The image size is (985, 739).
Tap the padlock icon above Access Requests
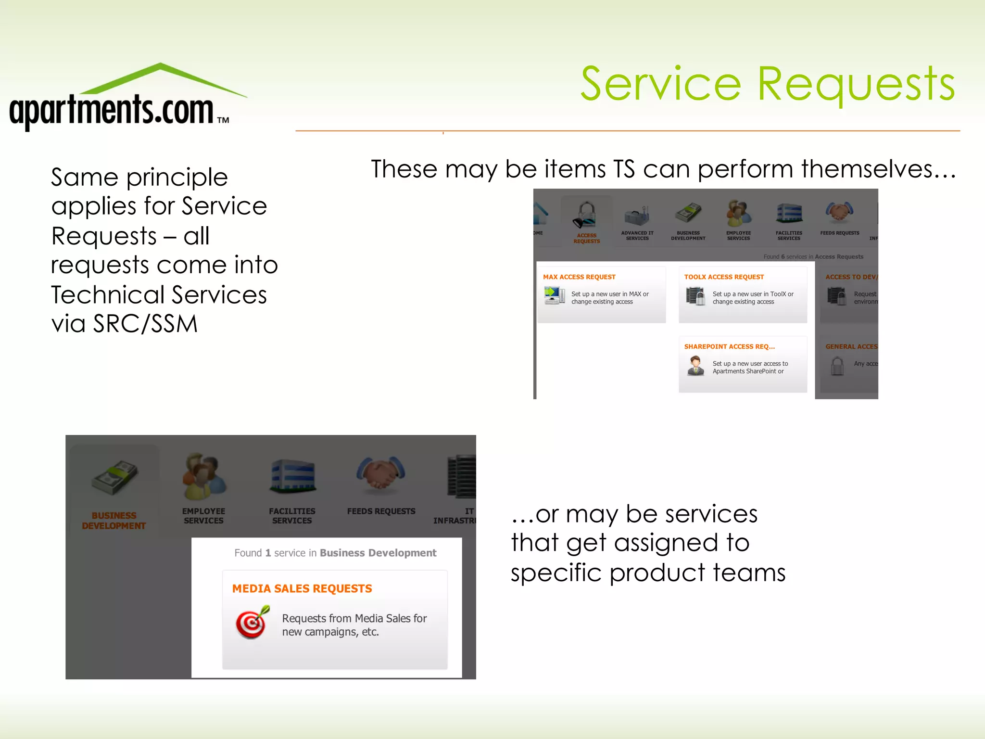click(x=586, y=214)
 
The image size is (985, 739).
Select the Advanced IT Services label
click(x=637, y=236)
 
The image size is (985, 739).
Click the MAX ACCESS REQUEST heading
click(x=579, y=277)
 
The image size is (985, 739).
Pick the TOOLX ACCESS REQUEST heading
click(x=724, y=277)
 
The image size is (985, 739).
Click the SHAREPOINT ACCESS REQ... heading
click(x=729, y=346)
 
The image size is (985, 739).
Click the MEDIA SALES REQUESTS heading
click(x=302, y=589)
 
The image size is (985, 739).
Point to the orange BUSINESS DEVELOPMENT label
click(x=114, y=521)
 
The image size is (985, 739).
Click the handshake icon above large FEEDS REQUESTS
click(x=380, y=474)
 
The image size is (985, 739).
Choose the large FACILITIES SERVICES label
click(x=292, y=516)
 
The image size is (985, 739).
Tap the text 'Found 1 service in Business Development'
click(x=335, y=553)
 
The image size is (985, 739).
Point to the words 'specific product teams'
click(x=648, y=573)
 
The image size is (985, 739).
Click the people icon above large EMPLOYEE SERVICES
click(x=203, y=476)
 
